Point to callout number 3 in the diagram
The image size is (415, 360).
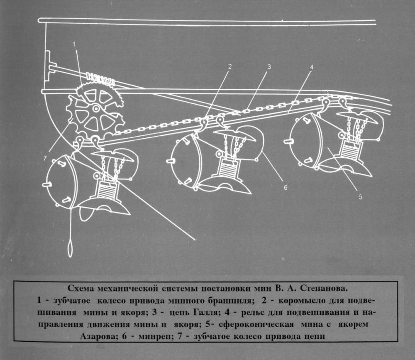point(269,66)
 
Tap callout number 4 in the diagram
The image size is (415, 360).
point(312,66)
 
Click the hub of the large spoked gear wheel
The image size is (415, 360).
point(96,109)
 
